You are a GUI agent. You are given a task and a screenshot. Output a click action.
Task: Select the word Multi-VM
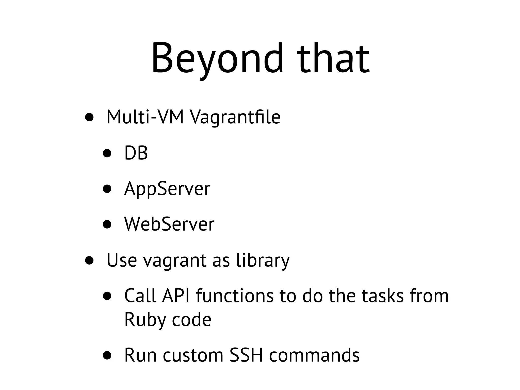[145, 117]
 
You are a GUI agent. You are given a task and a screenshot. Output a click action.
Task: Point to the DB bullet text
[136, 153]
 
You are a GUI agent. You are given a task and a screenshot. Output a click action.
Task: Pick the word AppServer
[167, 189]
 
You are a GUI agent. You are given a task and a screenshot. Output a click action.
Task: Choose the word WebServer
[169, 224]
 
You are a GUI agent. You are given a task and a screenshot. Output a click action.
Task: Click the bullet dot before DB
[107, 153]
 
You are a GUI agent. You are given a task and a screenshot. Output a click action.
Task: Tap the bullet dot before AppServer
[107, 189]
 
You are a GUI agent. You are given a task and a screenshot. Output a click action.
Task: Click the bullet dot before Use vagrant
[89, 260]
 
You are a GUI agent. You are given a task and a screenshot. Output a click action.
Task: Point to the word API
[176, 296]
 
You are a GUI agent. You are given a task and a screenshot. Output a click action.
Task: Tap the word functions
[235, 296]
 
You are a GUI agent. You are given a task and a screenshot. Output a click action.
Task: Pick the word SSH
[246, 355]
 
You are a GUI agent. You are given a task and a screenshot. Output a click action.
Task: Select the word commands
[314, 355]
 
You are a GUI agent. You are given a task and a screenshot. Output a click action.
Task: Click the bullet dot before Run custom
[107, 355]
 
